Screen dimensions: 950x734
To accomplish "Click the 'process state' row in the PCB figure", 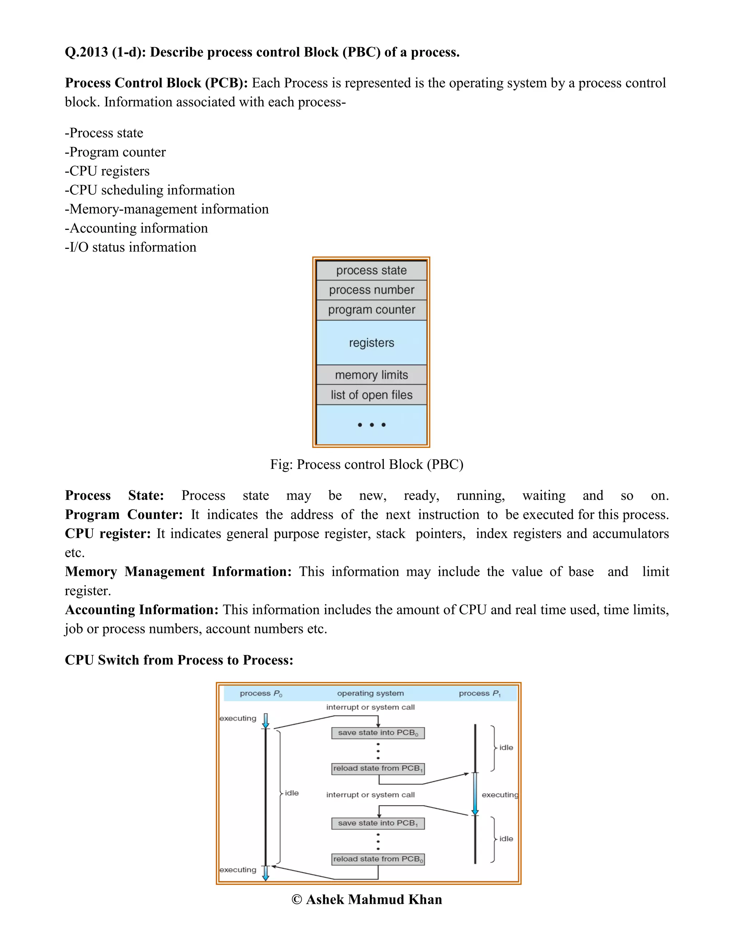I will pyautogui.click(x=371, y=270).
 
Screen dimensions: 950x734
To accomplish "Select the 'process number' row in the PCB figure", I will pyautogui.click(x=371, y=290).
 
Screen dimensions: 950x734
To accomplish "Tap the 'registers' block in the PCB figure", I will pyautogui.click(x=371, y=343).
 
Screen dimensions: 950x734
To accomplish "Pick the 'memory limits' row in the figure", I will pyautogui.click(x=371, y=375).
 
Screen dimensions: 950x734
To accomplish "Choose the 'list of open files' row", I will pyautogui.click(x=371, y=395).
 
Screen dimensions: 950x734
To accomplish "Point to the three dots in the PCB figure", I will pyautogui.click(x=371, y=424).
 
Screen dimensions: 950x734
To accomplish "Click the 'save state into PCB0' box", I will pyautogui.click(x=378, y=733).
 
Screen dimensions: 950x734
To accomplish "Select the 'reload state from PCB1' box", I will pyautogui.click(x=378, y=769).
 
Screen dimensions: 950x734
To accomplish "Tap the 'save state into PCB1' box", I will pyautogui.click(x=378, y=823).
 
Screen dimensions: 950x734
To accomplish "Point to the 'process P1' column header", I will pyautogui.click(x=480, y=693).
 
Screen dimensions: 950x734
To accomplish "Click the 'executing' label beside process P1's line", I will pyautogui.click(x=500, y=795).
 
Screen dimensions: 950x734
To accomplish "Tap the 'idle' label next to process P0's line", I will pyautogui.click(x=292, y=793).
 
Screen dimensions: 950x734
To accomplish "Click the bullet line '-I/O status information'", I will pyautogui.click(x=130, y=247).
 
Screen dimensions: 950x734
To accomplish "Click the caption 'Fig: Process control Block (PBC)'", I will pyautogui.click(x=367, y=464).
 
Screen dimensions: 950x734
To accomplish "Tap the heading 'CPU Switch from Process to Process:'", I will pyautogui.click(x=179, y=660).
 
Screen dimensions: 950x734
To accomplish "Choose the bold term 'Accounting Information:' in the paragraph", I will pyautogui.click(x=141, y=609).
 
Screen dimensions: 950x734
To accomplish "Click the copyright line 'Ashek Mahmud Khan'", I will pyautogui.click(x=367, y=899).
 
